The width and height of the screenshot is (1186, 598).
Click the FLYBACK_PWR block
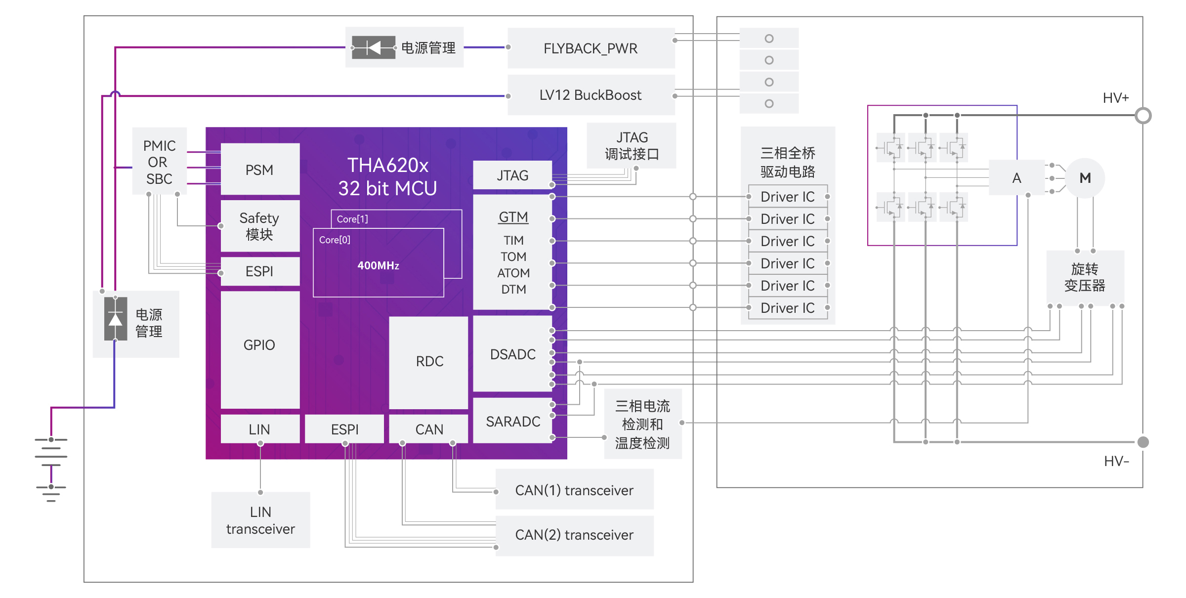[591, 48]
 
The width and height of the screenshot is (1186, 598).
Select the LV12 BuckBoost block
[591, 95]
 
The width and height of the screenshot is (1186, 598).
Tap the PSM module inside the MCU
[259, 170]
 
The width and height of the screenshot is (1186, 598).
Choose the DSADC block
[512, 354]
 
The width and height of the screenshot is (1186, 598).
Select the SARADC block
[512, 421]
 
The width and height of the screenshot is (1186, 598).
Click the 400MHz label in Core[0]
[378, 265]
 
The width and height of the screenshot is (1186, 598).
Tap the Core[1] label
[352, 219]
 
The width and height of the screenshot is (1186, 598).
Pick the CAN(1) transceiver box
[574, 490]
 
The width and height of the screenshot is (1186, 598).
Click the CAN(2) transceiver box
[574, 535]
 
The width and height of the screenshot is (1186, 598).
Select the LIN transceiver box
[260, 520]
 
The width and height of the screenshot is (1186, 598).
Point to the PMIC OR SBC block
[159, 162]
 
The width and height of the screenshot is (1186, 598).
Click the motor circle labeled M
[1085, 178]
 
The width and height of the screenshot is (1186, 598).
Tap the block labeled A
[1017, 178]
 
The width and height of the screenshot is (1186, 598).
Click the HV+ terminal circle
[1143, 116]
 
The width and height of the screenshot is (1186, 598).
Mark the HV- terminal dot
[1143, 442]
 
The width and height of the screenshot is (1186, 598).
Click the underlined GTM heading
[513, 217]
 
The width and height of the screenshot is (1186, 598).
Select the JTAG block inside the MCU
[512, 175]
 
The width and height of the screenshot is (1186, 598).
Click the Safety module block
[259, 226]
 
